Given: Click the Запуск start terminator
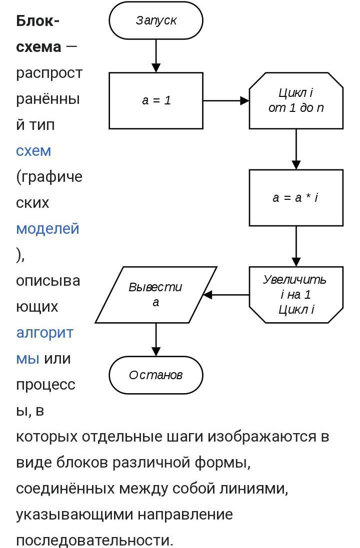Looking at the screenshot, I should pos(156,20).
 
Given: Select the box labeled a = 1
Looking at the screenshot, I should pos(156,100).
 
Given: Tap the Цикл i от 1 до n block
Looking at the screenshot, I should pos(296,100).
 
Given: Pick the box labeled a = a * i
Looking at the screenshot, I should pos(296,198).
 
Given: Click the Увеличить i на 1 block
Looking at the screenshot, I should pos(296,295).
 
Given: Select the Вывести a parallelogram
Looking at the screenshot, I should pos(156,295).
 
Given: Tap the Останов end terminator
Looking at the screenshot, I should pos(156,375).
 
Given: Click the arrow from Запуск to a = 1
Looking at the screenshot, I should pos(156,55).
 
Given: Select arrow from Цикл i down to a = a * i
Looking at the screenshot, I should pos(296,149).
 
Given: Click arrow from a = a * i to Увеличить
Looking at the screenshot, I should pos(296,246).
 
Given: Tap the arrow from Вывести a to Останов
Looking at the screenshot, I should pos(156,339).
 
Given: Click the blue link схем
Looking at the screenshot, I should pos(33,150).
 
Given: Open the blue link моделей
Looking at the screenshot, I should pos(47,228).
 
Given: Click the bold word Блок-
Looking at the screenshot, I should pos(38,21).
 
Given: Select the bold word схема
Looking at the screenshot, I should pos(38,47).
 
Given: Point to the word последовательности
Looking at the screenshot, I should pos(94,540).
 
